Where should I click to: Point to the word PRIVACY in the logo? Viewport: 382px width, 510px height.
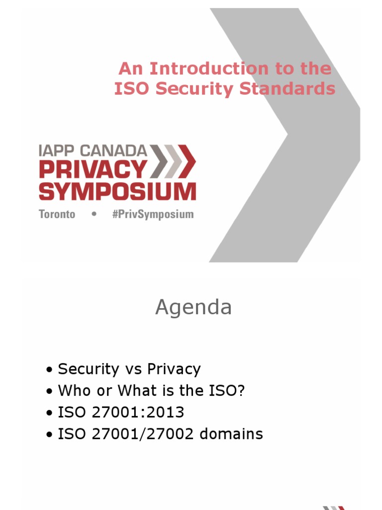pyautogui.click(x=93, y=170)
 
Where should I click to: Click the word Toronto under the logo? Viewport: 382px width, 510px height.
pyautogui.click(x=57, y=215)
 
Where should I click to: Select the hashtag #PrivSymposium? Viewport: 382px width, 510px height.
pyautogui.click(x=152, y=215)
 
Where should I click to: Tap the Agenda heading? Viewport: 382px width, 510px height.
pyautogui.click(x=193, y=308)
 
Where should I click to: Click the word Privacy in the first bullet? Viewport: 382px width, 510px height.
pyautogui.click(x=174, y=369)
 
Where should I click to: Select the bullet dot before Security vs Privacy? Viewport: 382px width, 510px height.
pyautogui.click(x=49, y=370)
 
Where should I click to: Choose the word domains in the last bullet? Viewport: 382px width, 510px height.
pyautogui.click(x=231, y=434)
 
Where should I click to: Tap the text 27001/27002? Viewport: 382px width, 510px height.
pyautogui.click(x=144, y=434)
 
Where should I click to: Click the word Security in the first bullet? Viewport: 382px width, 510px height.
pyautogui.click(x=88, y=369)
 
